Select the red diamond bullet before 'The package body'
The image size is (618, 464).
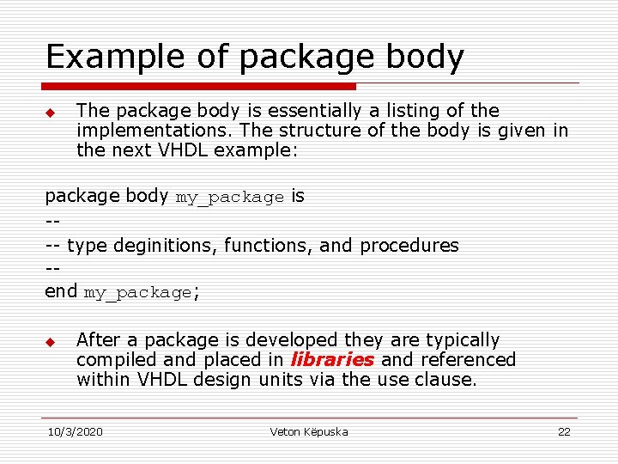pos(50,113)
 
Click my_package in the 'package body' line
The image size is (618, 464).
pos(229,198)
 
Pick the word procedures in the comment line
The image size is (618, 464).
pos(409,246)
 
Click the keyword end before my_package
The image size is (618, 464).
pos(61,291)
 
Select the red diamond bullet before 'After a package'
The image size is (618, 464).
pos(50,342)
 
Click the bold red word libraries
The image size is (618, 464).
pos(332,360)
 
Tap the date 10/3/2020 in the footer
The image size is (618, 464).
pos(76,431)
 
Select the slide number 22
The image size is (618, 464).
pos(564,431)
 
